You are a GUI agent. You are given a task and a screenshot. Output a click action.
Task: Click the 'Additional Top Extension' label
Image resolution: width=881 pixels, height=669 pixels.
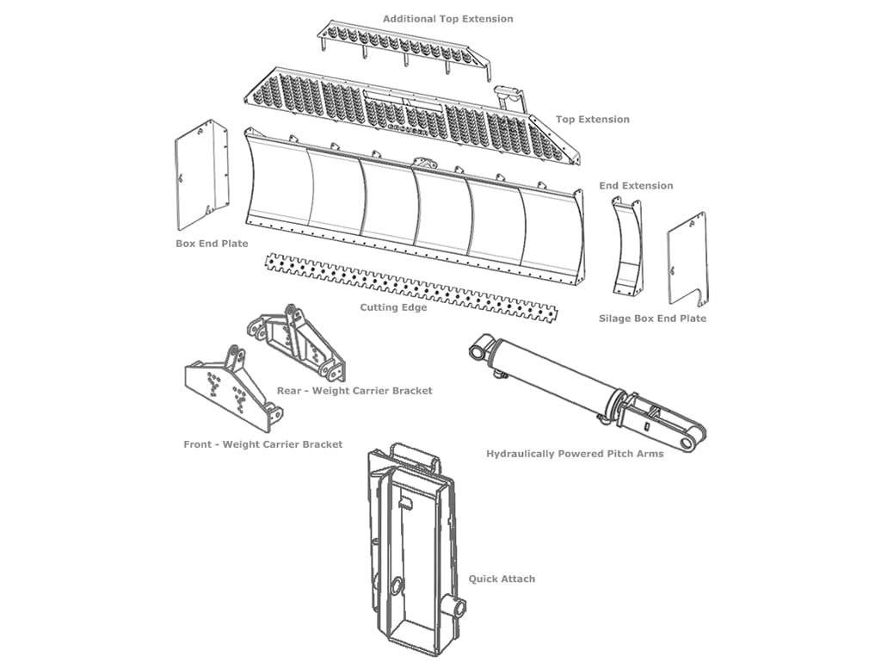(x=447, y=19)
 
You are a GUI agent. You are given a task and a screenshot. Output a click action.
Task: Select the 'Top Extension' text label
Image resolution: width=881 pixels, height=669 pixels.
(x=592, y=120)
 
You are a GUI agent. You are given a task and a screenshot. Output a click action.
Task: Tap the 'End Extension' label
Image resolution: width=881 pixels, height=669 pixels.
(x=636, y=186)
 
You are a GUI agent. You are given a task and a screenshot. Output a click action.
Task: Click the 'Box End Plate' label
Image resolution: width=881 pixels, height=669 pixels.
(x=212, y=244)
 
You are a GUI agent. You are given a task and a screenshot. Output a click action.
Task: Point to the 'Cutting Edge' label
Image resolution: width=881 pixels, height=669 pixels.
(x=393, y=307)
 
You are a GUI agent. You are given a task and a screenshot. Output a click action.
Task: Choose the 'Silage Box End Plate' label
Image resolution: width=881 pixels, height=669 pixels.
(x=652, y=319)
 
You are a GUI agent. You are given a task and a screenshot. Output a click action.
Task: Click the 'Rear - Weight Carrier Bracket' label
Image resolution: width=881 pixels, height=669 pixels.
(x=354, y=391)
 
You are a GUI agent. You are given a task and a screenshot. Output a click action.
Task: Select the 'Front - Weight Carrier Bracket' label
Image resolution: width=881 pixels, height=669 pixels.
(x=262, y=444)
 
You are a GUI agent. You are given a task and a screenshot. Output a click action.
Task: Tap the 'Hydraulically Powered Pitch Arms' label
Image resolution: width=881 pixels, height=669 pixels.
(x=575, y=454)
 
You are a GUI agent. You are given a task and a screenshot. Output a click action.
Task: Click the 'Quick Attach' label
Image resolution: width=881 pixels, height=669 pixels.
(x=502, y=579)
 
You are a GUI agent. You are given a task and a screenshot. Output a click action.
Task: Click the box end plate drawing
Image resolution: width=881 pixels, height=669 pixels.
(x=202, y=176)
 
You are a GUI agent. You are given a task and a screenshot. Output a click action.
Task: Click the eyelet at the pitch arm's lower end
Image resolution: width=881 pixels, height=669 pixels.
(x=688, y=443)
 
